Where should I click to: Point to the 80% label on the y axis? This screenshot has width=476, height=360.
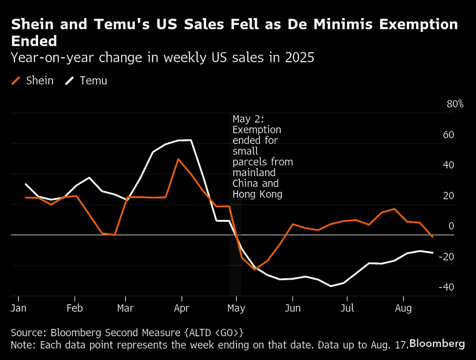[455, 104]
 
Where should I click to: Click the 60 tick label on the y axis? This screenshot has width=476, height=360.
[449, 135]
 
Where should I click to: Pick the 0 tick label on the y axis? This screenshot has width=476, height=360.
[451, 226]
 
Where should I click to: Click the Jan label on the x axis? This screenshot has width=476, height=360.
[18, 308]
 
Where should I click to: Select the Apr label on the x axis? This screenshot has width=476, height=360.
[182, 308]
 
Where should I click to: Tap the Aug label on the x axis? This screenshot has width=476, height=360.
[404, 308]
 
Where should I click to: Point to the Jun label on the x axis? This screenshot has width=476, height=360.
[293, 308]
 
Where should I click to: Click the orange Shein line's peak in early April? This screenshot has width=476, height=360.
[178, 159]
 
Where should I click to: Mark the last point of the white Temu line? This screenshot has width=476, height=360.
[432, 252]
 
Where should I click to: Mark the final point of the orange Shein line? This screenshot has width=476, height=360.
[432, 237]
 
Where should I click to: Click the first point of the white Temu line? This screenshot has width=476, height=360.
[25, 184]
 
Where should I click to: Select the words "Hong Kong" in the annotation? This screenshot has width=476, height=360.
[257, 194]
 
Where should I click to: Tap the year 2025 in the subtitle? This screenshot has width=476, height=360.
[300, 58]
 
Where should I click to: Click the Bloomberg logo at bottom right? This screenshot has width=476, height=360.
[437, 343]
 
